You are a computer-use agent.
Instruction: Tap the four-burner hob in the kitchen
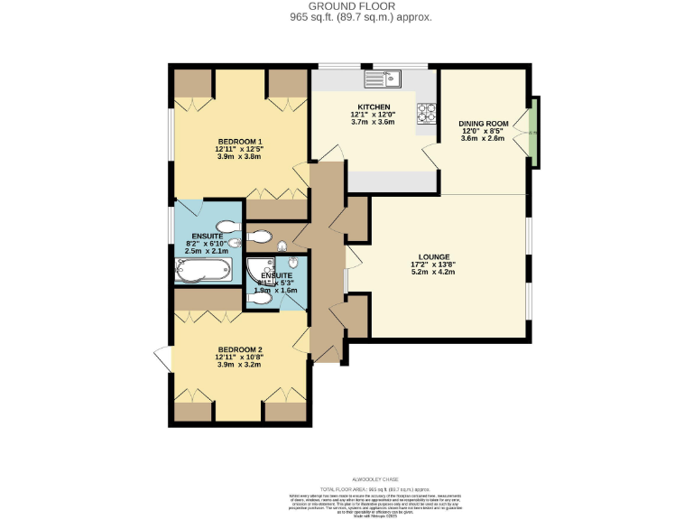coord(426,114)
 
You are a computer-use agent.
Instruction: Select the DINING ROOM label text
coord(483,123)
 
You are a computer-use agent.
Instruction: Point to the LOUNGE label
coord(433,257)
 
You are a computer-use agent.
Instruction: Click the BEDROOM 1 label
coord(239,141)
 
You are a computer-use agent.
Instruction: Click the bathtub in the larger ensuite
coord(203,268)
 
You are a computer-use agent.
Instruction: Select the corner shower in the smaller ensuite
coord(262,268)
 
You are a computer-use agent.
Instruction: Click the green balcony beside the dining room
coord(533,133)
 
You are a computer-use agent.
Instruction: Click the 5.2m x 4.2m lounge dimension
coord(433,272)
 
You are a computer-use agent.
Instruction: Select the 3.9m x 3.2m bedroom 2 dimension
coord(239,366)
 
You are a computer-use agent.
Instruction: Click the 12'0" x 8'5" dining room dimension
coord(483,130)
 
